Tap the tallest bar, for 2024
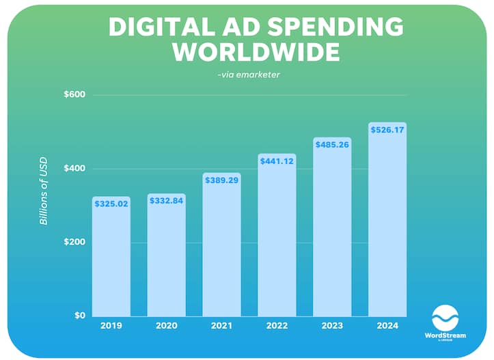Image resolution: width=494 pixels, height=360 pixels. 387,225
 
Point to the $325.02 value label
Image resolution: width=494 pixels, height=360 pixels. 111,204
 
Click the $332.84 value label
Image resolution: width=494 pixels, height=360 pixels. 167,201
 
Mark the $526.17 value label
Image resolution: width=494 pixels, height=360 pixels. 387,129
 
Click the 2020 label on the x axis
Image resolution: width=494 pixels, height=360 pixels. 167,326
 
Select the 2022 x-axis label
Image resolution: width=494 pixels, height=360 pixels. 277,326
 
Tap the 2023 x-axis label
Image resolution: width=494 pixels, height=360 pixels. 332,326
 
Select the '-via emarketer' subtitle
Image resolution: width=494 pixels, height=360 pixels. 247,74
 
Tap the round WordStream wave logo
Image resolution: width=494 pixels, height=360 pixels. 445,318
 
